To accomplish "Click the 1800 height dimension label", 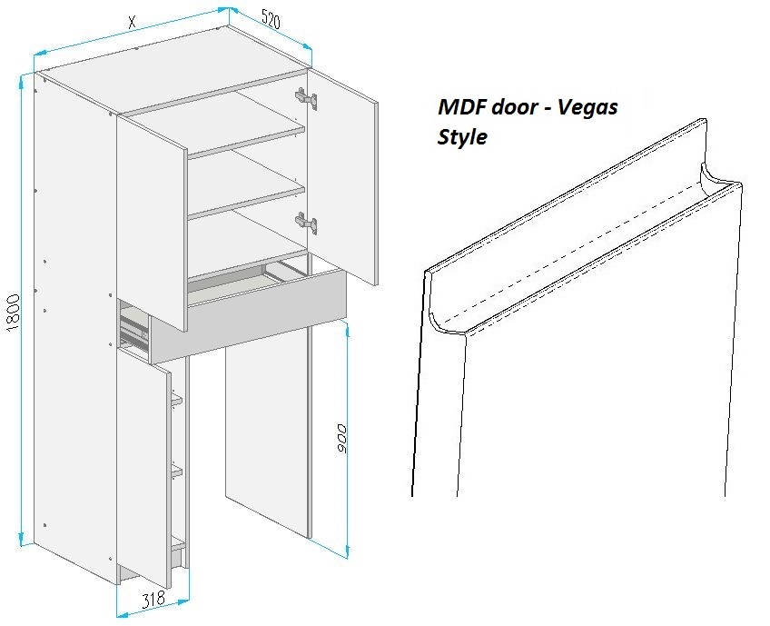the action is tap(13, 313).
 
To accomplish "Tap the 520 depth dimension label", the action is tap(271, 20).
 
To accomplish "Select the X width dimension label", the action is tap(132, 22).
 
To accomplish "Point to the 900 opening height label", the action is tap(341, 438).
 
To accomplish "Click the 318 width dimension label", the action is tap(153, 599).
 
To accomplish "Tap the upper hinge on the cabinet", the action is tap(306, 98).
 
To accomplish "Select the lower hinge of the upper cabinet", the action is tap(306, 223).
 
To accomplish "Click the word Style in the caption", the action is tap(461, 136).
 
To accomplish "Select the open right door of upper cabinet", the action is tap(342, 177).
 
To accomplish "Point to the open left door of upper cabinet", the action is tap(152, 224).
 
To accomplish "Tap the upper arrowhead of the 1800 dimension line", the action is tap(21, 81).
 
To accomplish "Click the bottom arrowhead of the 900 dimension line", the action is tap(347, 551).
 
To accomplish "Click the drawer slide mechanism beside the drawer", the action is tap(134, 330).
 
